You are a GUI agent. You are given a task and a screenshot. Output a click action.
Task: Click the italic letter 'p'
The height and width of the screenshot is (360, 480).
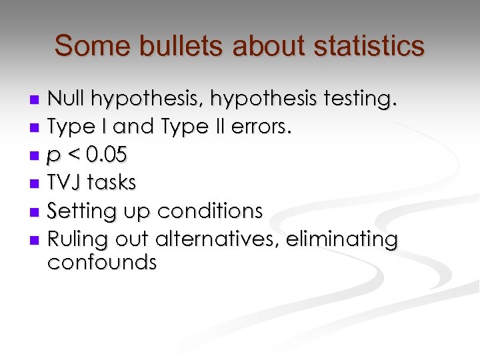point(53,157)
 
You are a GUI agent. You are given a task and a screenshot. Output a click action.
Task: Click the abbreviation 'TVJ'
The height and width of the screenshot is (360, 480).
point(65,183)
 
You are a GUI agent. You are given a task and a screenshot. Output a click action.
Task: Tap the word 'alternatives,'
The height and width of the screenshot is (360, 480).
point(217,238)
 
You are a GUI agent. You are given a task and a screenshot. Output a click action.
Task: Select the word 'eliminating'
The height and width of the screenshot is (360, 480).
point(341,238)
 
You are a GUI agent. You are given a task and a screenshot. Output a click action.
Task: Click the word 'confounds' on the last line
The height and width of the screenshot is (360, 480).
point(102,262)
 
